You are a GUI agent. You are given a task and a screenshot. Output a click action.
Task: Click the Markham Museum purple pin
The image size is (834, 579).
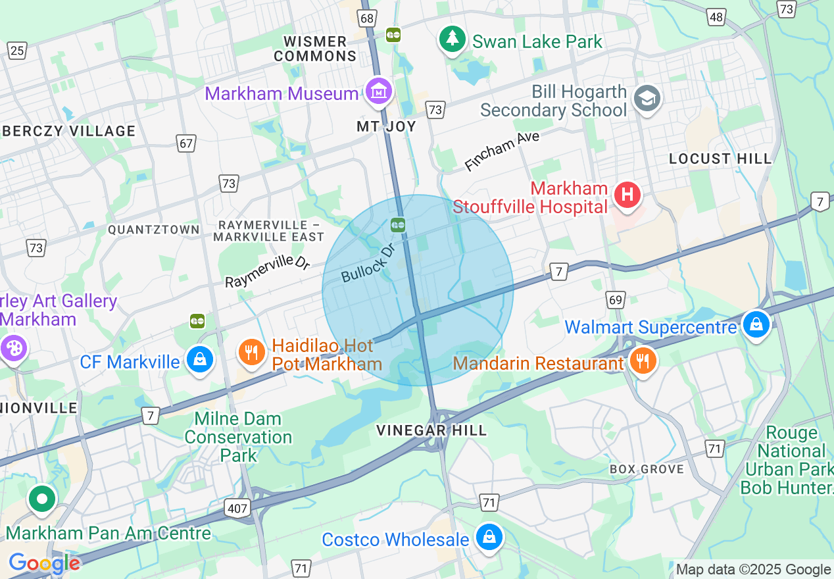(379, 93)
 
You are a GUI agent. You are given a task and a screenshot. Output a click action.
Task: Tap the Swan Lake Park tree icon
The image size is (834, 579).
(452, 39)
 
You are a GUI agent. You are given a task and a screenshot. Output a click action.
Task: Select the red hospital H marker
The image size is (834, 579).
(627, 195)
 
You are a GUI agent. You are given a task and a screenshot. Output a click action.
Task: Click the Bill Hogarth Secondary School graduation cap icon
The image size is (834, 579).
(647, 99)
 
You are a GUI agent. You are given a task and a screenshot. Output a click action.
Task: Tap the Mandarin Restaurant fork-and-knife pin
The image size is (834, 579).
(642, 361)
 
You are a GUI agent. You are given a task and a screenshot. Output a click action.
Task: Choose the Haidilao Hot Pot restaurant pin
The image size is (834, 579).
(251, 353)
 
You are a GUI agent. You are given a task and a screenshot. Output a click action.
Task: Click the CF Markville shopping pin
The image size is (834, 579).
(199, 360)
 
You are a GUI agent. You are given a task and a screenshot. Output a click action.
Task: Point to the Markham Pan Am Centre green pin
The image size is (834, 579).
(42, 499)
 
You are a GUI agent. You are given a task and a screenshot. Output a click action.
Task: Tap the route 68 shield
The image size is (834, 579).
(367, 19)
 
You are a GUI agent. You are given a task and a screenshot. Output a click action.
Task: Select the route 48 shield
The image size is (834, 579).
(716, 17)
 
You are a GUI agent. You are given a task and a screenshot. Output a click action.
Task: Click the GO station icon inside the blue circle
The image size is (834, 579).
(397, 225)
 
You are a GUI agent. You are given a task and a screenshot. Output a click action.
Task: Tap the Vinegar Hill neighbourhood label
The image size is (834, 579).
(431, 430)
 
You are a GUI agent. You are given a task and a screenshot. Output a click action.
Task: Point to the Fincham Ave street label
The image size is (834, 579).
(501, 151)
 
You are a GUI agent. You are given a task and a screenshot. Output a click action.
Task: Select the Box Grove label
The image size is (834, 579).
(647, 469)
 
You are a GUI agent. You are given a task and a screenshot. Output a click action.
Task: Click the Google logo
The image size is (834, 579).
(43, 563)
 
